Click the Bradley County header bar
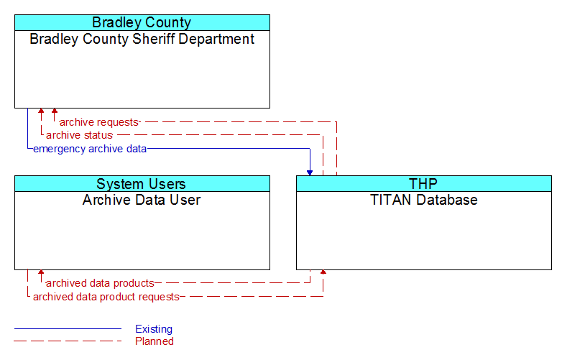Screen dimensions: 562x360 click(x=142, y=22)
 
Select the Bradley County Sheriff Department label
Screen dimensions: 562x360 click(x=142, y=39)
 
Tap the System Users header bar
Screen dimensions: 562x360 click(x=142, y=184)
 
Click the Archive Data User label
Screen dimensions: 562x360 click(x=142, y=200)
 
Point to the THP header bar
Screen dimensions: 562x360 click(x=424, y=184)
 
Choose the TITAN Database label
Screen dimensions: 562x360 click(x=424, y=200)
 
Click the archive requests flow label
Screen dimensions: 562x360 click(x=99, y=122)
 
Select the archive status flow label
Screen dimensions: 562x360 click(x=79, y=135)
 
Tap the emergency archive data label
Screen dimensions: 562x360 click(x=90, y=149)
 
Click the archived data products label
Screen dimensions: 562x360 click(x=100, y=283)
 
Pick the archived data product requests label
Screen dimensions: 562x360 click(x=106, y=297)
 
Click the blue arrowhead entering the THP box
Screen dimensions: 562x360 click(x=310, y=173)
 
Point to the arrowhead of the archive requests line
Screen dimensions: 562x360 click(x=55, y=111)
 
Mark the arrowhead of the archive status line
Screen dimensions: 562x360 click(x=41, y=111)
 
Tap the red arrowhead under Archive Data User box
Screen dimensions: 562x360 click(x=41, y=272)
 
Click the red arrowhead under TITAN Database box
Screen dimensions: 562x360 click(x=323, y=272)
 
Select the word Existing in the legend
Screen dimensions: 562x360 click(x=154, y=329)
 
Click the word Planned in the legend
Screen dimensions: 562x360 click(x=155, y=341)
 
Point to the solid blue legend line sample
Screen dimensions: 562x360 click(x=68, y=328)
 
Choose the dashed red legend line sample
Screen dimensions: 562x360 click(x=68, y=341)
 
